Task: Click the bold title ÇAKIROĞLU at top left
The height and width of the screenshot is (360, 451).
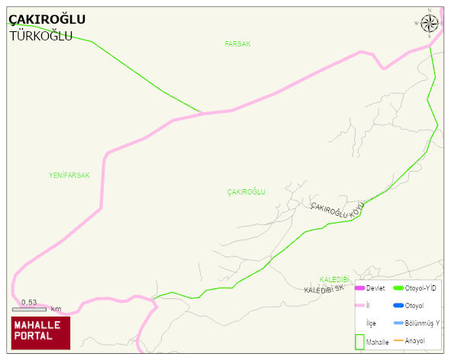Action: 47,19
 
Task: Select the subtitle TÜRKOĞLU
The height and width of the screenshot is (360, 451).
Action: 40,36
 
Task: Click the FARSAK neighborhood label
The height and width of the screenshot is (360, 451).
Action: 237,44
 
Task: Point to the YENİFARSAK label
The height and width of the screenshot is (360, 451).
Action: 69,175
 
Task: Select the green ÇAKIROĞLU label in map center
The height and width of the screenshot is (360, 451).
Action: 246,192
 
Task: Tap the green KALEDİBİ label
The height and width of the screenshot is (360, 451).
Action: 333,280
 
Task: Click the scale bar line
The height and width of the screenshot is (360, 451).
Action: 29,310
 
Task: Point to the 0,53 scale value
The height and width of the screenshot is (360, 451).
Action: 29,303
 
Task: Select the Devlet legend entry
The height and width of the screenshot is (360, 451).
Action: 375,288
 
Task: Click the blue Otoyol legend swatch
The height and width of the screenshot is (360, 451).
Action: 398,306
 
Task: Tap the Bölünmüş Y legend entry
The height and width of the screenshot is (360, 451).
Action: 422,323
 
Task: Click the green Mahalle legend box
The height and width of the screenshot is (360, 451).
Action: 360,342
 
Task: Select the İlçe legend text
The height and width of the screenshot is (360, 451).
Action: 372,323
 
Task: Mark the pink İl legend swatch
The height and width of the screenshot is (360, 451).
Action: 360,306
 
